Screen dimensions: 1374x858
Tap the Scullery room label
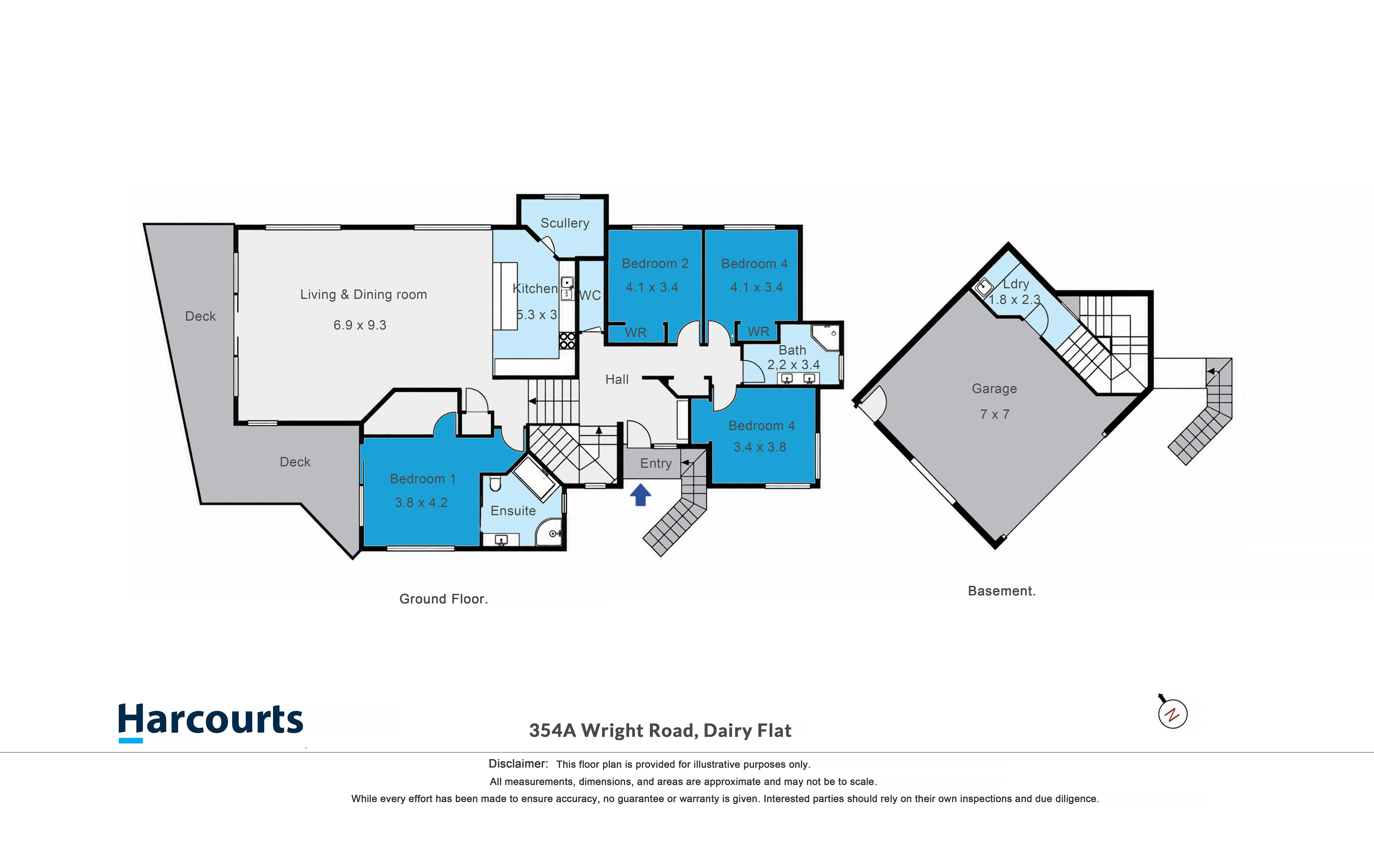point(565,223)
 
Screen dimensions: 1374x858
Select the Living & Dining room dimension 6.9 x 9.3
point(360,325)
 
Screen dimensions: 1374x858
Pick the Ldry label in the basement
point(1016,284)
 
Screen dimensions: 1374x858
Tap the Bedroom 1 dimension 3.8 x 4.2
point(421,503)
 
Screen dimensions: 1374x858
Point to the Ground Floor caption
point(443,599)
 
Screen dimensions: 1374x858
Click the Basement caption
point(1001,591)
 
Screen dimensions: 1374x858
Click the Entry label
point(656,464)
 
